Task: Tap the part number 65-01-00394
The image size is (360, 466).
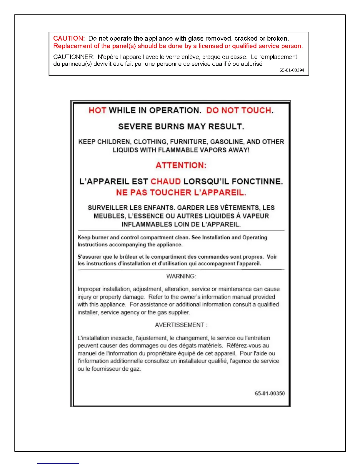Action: click(x=292, y=70)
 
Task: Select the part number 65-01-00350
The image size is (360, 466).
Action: click(x=270, y=394)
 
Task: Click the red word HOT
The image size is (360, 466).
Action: click(x=97, y=111)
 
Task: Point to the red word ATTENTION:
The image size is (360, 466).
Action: click(x=181, y=165)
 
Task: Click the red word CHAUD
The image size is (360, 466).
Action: click(x=166, y=182)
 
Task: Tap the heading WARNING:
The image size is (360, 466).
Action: click(x=181, y=277)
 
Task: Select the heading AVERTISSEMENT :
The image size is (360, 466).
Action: click(x=181, y=325)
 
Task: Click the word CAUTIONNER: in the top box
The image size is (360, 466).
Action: click(x=74, y=57)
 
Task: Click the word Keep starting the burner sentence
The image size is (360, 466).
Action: click(x=84, y=238)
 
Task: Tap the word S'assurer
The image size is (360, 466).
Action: click(x=89, y=257)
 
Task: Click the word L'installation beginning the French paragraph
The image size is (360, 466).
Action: click(x=94, y=338)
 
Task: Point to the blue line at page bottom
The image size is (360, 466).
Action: click(x=58, y=463)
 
